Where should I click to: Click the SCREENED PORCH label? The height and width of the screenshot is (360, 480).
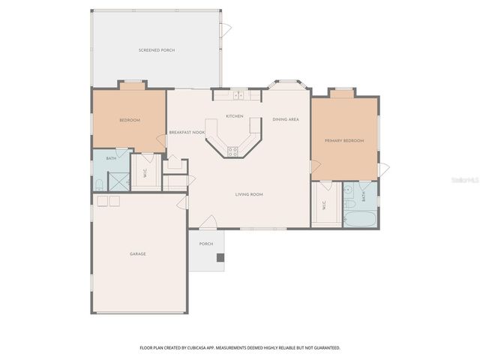click(x=157, y=50)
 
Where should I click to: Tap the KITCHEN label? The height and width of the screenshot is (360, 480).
click(x=235, y=116)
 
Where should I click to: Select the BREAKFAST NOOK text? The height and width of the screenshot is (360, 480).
click(x=187, y=132)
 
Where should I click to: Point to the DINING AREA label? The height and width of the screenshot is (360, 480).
click(x=286, y=119)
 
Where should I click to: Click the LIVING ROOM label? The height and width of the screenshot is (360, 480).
click(x=249, y=194)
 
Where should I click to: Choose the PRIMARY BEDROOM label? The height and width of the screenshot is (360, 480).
click(x=344, y=140)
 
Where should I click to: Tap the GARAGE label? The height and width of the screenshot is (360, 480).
click(x=137, y=253)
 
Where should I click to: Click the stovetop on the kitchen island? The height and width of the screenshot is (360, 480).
click(x=233, y=151)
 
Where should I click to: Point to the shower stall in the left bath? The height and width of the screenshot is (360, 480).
click(x=118, y=181)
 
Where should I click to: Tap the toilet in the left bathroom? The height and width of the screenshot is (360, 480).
click(x=99, y=184)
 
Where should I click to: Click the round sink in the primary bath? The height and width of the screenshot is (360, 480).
click(x=349, y=203)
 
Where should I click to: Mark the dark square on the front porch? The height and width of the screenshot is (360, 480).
click(x=220, y=257)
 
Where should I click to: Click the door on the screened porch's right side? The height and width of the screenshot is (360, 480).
click(x=225, y=29)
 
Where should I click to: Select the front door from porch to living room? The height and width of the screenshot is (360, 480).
click(x=210, y=223)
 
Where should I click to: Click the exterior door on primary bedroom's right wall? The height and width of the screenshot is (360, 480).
click(x=383, y=169)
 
